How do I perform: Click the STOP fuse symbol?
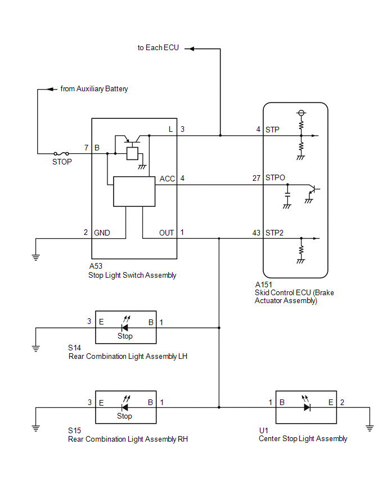pos(61,153)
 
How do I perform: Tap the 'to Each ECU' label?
pos(158,48)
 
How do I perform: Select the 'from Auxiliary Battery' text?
pos(94,89)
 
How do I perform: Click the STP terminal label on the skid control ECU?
pos(272,130)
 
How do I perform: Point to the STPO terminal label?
pos(275,178)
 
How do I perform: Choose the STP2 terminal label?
pos(274,233)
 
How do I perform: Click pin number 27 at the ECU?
pos(256,178)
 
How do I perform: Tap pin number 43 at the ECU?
pos(256,233)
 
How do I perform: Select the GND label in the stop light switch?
pos(102,233)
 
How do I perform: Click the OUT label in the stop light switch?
pos(166,233)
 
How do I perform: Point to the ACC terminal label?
pos(167,179)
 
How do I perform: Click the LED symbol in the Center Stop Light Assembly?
pos(307,404)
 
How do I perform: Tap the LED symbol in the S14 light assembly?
pos(125,324)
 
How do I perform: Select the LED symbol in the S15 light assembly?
pos(125,404)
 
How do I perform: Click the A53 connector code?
pos(96,266)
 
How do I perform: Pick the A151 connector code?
pos(263,285)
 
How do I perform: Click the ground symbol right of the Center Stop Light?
pos(370,428)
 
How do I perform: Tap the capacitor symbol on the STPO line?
pos(287,195)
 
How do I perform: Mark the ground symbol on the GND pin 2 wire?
pos(36,257)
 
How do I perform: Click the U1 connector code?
pos(263,430)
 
